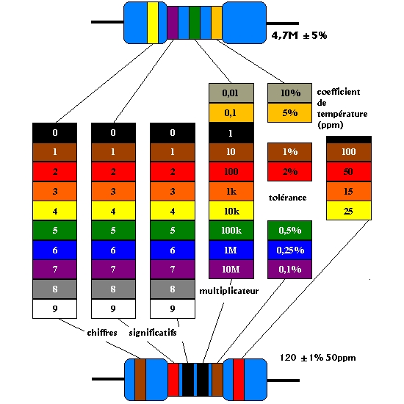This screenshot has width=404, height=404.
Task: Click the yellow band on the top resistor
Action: pyautogui.click(x=153, y=23)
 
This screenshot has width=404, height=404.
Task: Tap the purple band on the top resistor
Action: pyautogui.click(x=173, y=23)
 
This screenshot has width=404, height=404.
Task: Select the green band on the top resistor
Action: pyautogui.click(x=195, y=23)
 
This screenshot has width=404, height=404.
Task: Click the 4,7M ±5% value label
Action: pyautogui.click(x=299, y=35)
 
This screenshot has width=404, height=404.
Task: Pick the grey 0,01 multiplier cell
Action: pyautogui.click(x=231, y=93)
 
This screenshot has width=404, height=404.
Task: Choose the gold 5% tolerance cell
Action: pyautogui.click(x=289, y=113)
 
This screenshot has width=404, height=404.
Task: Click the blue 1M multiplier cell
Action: pyautogui.click(x=231, y=250)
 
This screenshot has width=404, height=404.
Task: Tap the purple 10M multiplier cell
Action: pyautogui.click(x=231, y=270)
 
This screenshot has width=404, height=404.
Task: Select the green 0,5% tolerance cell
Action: pyautogui.click(x=289, y=231)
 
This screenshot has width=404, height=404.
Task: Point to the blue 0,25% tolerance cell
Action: pyautogui.click(x=289, y=250)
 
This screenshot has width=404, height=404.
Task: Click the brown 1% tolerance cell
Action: pyautogui.click(x=289, y=152)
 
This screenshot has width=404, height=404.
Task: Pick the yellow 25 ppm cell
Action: pyautogui.click(x=349, y=211)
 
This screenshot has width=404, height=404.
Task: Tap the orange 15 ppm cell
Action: pyautogui.click(x=349, y=192)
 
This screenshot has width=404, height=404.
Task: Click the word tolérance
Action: pyautogui.click(x=287, y=198)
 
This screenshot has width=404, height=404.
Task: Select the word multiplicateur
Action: pyautogui.click(x=228, y=291)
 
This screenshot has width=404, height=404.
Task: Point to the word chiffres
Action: pyautogui.click(x=102, y=333)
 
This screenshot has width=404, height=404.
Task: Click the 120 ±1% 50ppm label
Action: pyautogui.click(x=317, y=358)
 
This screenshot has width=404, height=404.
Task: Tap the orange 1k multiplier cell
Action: pyautogui.click(x=231, y=192)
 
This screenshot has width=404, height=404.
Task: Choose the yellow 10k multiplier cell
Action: pyautogui.click(x=231, y=211)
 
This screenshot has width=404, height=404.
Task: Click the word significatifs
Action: pyautogui.click(x=153, y=333)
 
